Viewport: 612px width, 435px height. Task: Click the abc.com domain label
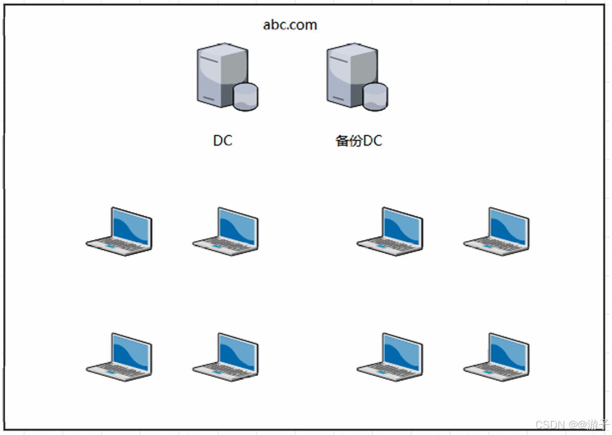(290, 25)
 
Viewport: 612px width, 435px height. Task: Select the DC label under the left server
(222, 141)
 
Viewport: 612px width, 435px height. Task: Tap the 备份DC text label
(359, 141)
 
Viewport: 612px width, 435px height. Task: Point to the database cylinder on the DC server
(245, 97)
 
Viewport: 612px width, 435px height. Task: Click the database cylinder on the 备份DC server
(375, 97)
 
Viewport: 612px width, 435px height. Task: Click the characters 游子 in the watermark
(597, 425)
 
